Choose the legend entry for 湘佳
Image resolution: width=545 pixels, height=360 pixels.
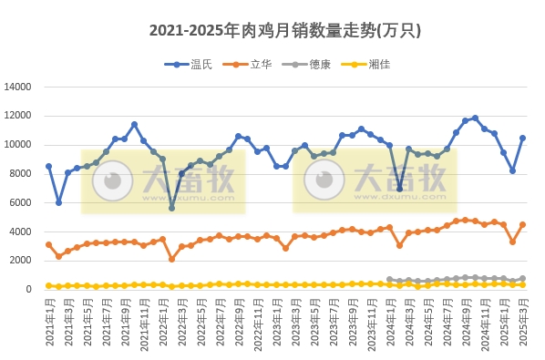366,65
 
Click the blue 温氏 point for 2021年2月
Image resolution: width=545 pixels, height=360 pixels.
58,202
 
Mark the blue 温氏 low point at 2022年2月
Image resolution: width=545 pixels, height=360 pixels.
171,208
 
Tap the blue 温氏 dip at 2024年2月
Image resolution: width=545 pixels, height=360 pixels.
399,189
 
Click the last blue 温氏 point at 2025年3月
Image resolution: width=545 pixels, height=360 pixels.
522,139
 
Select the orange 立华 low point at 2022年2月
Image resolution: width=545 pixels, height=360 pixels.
171,259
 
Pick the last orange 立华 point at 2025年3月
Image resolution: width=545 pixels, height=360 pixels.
522,224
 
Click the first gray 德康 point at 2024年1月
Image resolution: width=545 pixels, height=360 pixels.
390,280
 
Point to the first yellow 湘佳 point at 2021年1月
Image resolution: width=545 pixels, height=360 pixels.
48,285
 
